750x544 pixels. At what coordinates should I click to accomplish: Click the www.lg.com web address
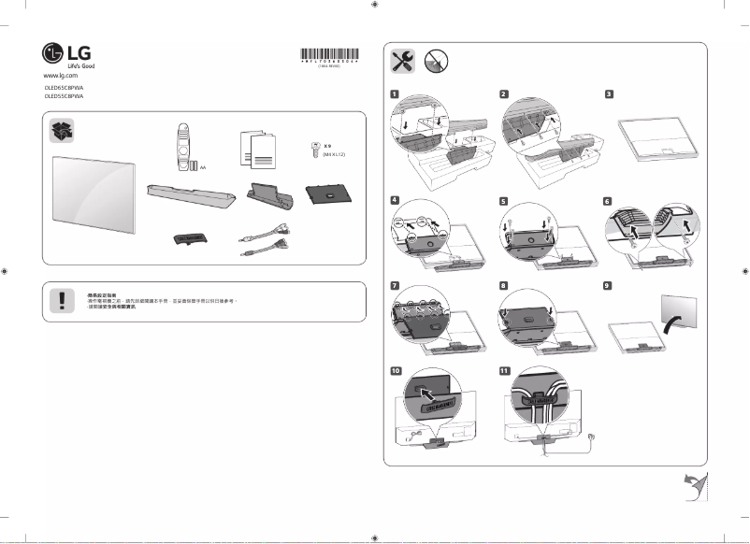[60, 74]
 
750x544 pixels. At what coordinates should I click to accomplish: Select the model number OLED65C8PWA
[64, 87]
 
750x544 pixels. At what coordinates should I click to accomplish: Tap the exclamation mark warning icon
[62, 300]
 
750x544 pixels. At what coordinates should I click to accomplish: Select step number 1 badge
[396, 94]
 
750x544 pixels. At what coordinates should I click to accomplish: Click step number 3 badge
[609, 94]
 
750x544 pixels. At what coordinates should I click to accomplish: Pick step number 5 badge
[503, 200]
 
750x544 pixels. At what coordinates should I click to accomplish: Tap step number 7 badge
[396, 284]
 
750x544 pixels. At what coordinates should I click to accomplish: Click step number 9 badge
[609, 284]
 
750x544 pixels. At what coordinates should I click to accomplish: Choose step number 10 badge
[397, 370]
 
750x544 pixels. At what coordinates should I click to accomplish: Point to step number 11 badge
[504, 370]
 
